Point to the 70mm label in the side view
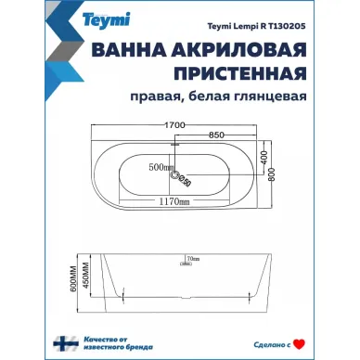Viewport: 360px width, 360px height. point(192,258)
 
